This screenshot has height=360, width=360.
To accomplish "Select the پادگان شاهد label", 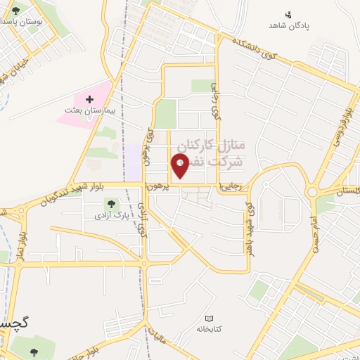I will (x=288, y=26).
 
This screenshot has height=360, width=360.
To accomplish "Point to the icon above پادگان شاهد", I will (x=288, y=14).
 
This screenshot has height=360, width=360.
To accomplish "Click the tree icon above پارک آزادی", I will (x=111, y=205).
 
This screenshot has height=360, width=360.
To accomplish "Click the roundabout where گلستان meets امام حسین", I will (x=311, y=191).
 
